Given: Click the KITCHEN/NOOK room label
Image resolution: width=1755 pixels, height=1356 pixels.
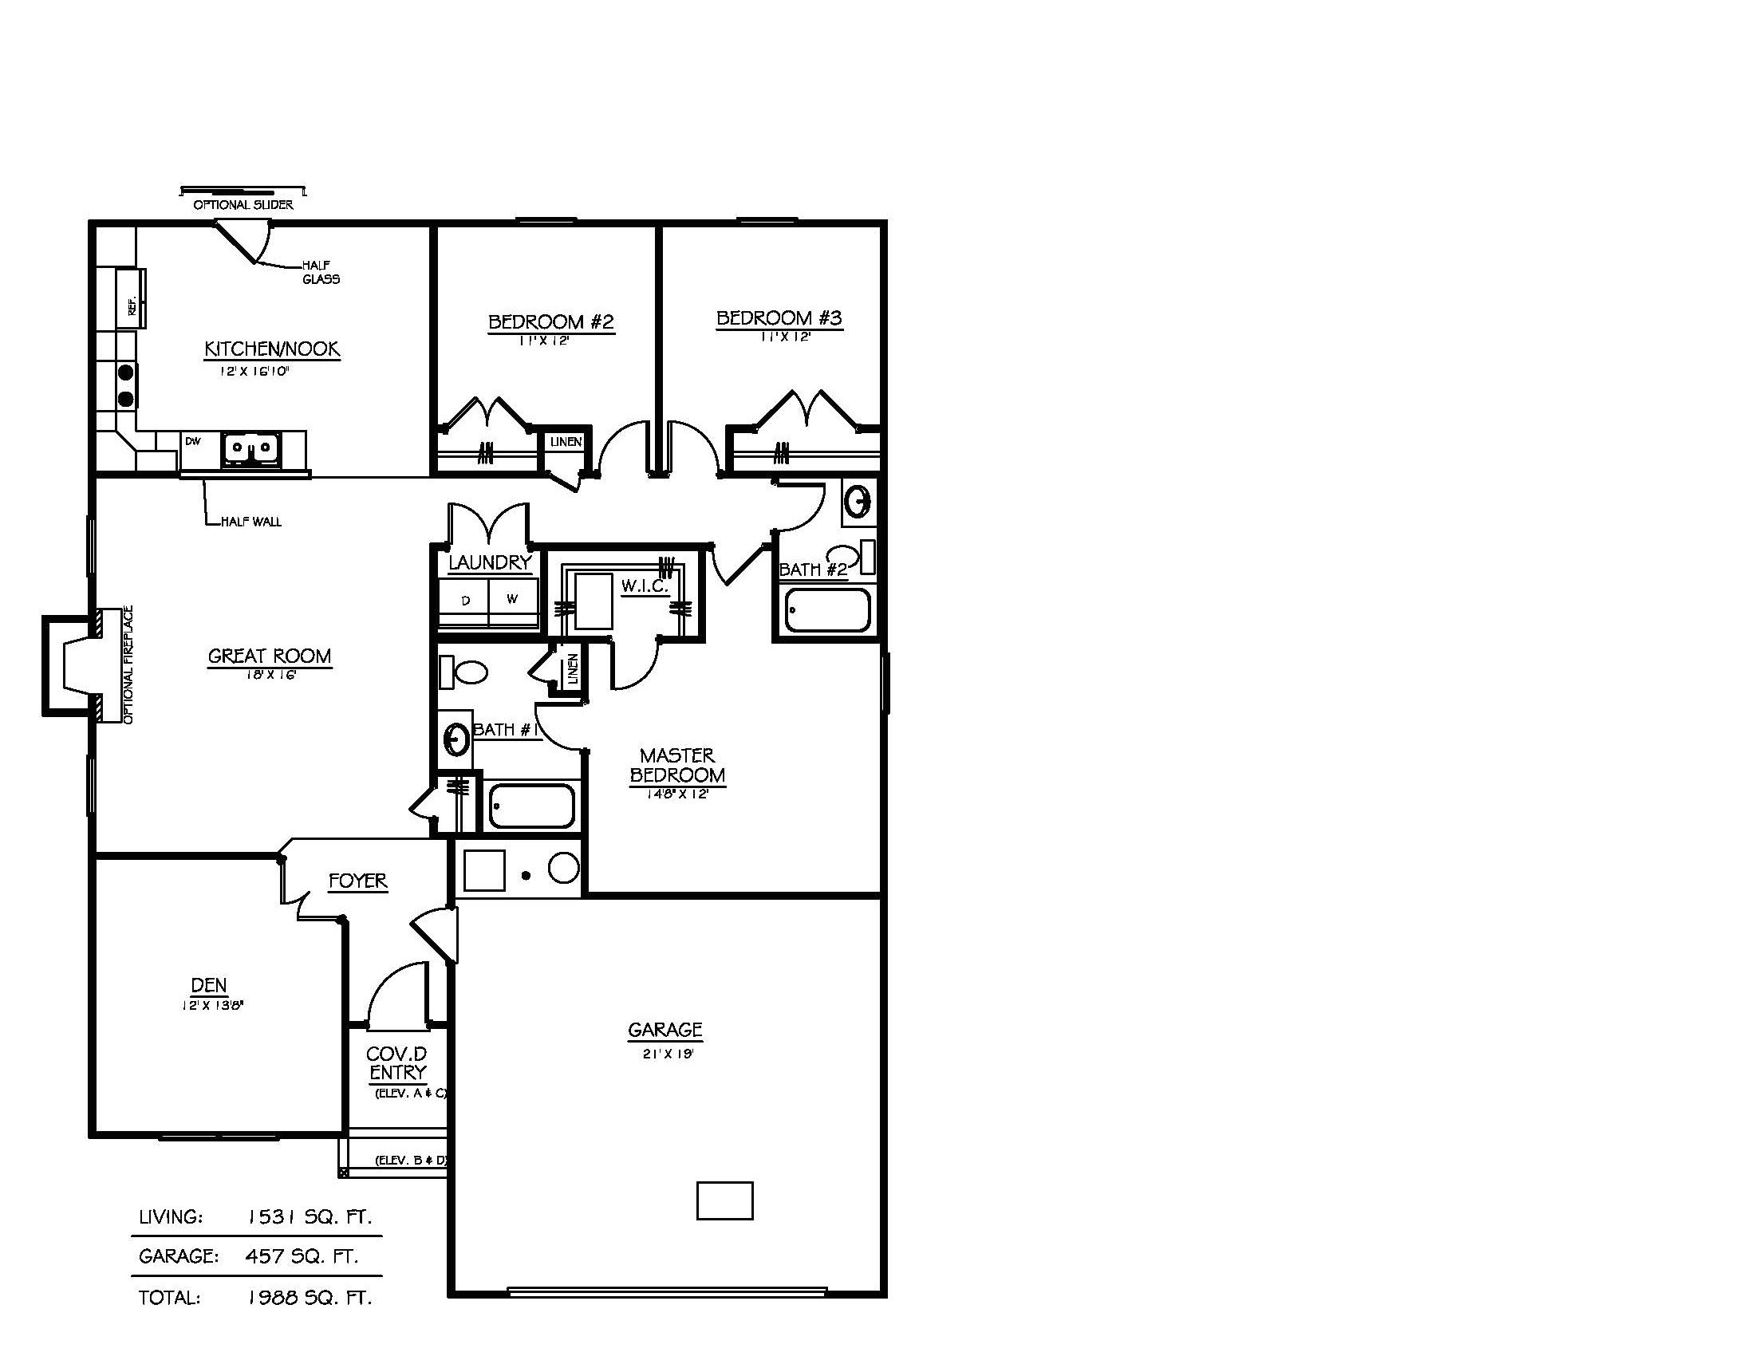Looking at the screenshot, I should [x=271, y=349].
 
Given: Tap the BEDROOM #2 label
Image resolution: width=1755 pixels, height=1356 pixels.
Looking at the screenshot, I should [x=550, y=322].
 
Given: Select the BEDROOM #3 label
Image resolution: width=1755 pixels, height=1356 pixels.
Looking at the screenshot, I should [x=779, y=318].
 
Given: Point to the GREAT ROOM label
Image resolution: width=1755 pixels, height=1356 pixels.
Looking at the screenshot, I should [x=269, y=656].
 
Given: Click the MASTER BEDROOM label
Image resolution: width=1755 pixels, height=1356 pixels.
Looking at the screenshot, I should [x=677, y=766].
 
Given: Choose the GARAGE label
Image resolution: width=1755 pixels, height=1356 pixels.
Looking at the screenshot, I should [x=665, y=1030].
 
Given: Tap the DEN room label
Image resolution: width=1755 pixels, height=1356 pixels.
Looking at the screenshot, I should [x=209, y=985].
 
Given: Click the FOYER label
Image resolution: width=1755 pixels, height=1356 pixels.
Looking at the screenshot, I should [x=357, y=881].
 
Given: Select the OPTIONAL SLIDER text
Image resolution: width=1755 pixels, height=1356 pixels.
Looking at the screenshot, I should [x=243, y=205].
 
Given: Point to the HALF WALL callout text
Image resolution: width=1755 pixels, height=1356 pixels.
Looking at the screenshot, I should [x=250, y=522].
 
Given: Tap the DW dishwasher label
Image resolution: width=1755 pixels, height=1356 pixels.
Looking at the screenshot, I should [x=193, y=441].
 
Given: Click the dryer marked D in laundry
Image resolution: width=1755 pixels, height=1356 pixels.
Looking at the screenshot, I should [x=465, y=601].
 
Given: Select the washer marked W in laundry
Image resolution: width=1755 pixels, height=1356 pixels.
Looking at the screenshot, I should [x=513, y=599].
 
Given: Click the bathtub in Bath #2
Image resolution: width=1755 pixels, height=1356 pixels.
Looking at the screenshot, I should [x=828, y=610].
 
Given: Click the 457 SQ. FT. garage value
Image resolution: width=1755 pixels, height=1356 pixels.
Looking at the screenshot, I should [x=302, y=1256].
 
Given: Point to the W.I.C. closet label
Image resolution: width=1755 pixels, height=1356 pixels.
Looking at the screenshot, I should [x=644, y=586].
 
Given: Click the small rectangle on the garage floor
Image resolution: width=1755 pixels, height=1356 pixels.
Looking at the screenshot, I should [x=724, y=1201].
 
